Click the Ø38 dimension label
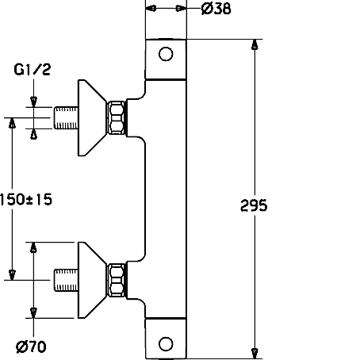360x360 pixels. coord(216,9)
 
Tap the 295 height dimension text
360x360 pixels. coord(254,205)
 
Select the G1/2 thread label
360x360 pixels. coord(32,70)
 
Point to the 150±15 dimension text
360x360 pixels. coord(26,199)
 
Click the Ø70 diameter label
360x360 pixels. coord(31,347)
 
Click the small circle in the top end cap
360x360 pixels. coord(166,54)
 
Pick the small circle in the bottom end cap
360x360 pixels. coord(166,344)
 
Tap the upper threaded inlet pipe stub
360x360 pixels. coord(66,118)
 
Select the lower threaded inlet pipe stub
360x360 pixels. coord(66,280)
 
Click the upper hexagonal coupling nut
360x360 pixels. coord(117,118)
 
